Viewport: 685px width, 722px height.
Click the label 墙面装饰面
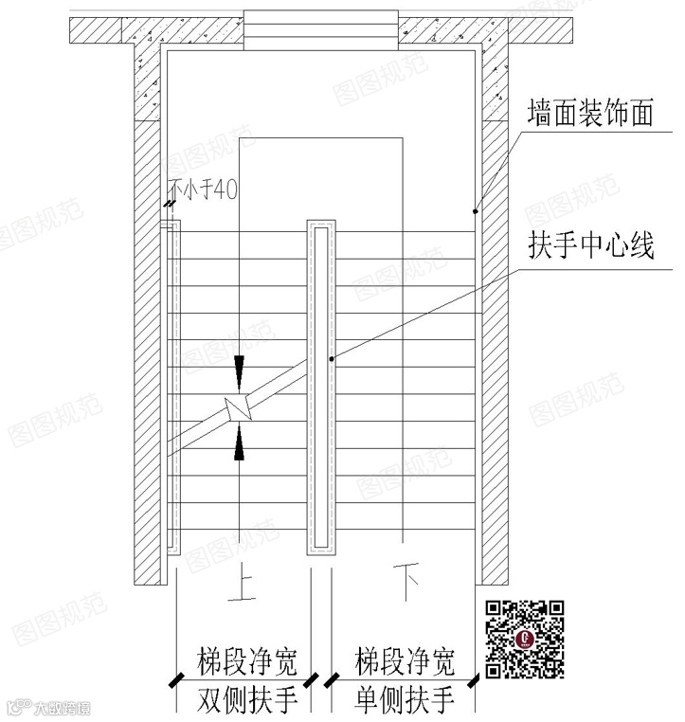591,116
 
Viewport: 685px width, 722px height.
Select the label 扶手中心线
591,248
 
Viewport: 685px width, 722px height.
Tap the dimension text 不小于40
203,190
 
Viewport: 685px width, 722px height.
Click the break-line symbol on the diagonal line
238,409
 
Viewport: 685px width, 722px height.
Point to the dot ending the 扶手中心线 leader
330,359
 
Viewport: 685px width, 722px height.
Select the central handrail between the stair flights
320,388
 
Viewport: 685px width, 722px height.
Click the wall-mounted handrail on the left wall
172,388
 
